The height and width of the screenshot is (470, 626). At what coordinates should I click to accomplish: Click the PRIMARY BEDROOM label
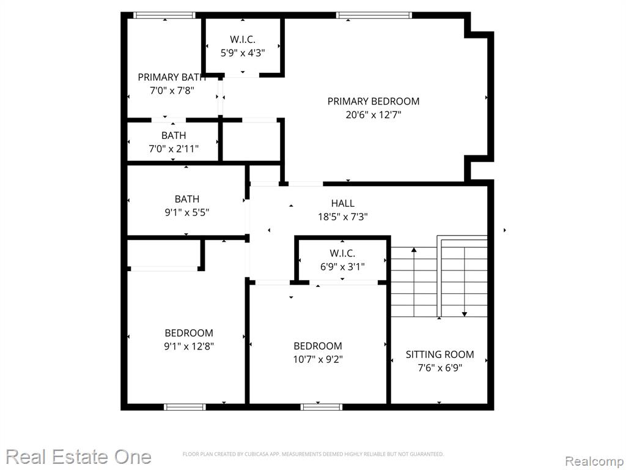(374, 101)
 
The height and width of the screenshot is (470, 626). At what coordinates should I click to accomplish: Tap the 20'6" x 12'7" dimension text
(374, 115)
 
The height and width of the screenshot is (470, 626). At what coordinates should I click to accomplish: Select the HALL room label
(342, 203)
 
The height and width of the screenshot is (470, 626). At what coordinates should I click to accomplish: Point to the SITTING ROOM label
(440, 354)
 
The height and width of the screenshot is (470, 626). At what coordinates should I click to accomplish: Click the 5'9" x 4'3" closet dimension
(243, 53)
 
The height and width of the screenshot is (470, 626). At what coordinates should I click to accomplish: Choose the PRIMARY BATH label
(172, 77)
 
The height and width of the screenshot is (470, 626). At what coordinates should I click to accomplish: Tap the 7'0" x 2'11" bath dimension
(174, 149)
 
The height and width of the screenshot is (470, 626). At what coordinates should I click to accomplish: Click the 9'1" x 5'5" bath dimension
(187, 212)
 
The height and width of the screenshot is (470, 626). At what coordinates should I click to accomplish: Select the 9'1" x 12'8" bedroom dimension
(189, 346)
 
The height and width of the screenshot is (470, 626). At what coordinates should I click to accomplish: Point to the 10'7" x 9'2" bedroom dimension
(318, 359)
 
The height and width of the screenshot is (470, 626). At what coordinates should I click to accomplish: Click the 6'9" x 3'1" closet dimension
(342, 267)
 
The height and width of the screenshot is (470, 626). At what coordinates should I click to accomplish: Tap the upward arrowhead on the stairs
(414, 250)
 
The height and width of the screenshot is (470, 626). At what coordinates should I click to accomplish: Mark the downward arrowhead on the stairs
(465, 314)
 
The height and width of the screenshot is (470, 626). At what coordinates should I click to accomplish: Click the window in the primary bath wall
(164, 15)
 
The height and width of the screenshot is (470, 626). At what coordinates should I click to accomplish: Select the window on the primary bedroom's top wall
(374, 15)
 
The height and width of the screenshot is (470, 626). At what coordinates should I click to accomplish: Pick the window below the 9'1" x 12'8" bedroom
(185, 407)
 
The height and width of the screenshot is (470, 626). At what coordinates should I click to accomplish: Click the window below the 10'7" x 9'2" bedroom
(322, 407)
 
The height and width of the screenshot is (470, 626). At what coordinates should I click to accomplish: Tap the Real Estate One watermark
(79, 457)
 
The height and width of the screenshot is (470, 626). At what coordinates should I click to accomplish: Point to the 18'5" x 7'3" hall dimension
(342, 217)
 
